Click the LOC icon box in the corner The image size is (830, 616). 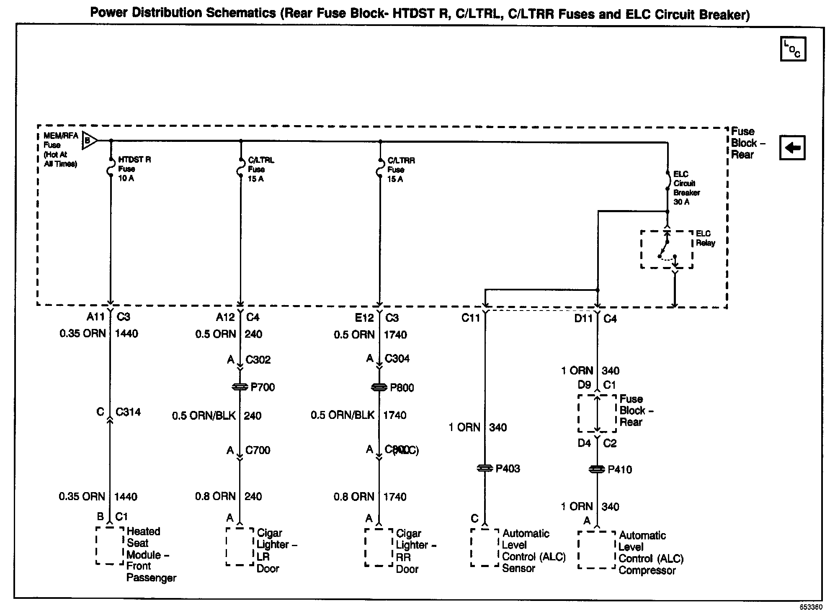(793, 49)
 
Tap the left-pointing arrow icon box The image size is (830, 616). (792, 148)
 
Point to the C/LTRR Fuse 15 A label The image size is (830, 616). (400, 169)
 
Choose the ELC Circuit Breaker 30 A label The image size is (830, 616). (686, 188)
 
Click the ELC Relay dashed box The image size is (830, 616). (666, 250)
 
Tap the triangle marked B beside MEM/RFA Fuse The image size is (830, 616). (89, 140)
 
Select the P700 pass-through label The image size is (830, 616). (263, 387)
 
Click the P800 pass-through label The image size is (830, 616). (402, 388)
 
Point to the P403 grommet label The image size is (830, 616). (508, 469)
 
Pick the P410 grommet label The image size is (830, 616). (620, 470)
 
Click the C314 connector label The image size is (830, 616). (128, 412)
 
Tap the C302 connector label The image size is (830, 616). (258, 360)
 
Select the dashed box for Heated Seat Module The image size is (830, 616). (110, 545)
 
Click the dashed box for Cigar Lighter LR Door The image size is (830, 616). (240, 547)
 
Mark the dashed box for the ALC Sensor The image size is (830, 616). (485, 547)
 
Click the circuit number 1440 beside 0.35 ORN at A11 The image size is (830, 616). (126, 334)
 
